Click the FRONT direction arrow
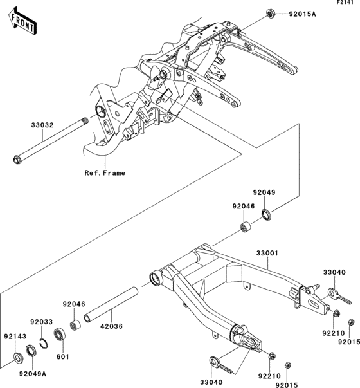[x=22, y=21]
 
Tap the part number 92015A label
[x=302, y=14]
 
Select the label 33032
[x=42, y=125]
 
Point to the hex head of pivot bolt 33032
[x=17, y=160]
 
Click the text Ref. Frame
[x=105, y=173]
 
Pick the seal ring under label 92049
[x=266, y=214]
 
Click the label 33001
[x=267, y=253]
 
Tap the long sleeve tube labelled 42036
[x=111, y=304]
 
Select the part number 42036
[x=111, y=326]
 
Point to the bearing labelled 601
[x=60, y=335]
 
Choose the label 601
[x=63, y=357]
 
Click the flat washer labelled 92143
[x=18, y=358]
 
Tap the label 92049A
[x=33, y=374]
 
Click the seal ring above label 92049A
[x=31, y=351]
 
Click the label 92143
[x=15, y=337]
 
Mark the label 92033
[x=42, y=322]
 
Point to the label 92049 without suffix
[x=264, y=192]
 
